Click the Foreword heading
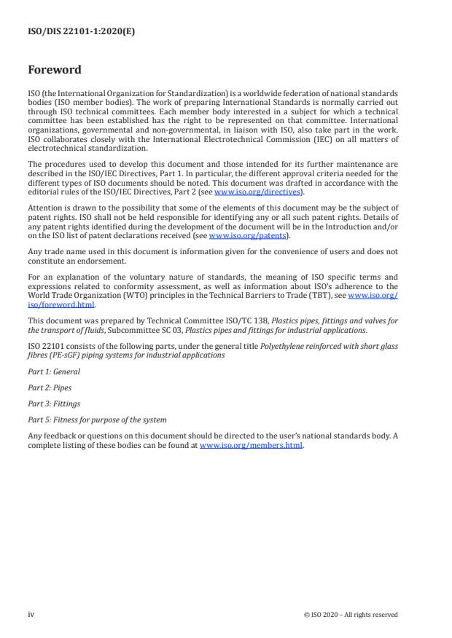(55, 70)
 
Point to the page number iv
(31, 614)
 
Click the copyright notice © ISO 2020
(351, 615)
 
